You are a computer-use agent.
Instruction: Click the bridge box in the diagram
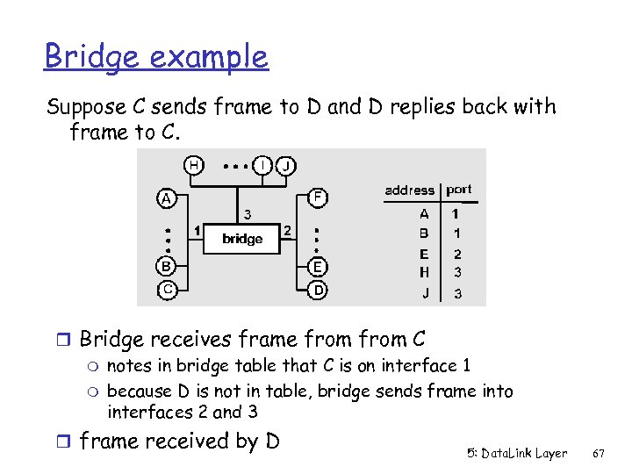click(x=241, y=238)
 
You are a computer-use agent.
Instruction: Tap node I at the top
click(x=262, y=165)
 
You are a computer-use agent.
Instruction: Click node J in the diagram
click(x=287, y=165)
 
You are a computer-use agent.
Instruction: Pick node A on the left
click(x=165, y=198)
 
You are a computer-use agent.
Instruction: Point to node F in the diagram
click(x=320, y=197)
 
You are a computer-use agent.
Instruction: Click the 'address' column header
click(x=409, y=190)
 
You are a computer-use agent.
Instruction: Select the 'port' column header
click(x=458, y=190)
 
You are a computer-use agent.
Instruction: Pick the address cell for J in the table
click(x=425, y=294)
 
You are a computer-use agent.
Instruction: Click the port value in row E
click(x=456, y=254)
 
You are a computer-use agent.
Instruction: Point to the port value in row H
click(x=456, y=272)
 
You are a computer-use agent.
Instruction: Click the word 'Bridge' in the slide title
click(x=90, y=57)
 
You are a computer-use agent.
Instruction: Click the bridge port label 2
click(x=286, y=231)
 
